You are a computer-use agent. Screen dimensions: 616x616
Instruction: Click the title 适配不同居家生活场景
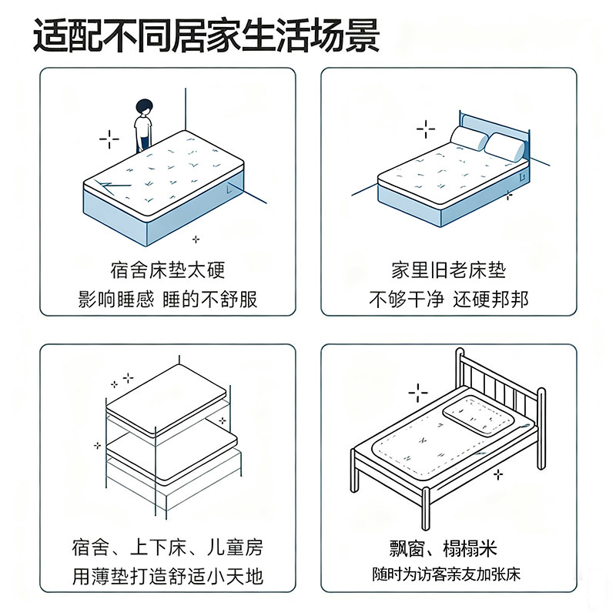click(206, 37)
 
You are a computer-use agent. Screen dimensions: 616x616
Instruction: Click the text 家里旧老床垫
click(448, 270)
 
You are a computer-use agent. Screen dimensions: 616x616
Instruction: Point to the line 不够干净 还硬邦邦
click(448, 299)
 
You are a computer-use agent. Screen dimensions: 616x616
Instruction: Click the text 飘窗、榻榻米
click(448, 548)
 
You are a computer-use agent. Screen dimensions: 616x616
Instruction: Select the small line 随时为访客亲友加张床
click(448, 574)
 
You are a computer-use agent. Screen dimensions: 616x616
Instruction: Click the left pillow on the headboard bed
click(469, 138)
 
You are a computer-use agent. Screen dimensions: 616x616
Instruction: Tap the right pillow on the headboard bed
click(504, 146)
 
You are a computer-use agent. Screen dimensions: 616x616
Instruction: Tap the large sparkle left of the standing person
click(109, 139)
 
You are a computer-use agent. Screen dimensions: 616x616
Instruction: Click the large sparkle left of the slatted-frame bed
click(418, 393)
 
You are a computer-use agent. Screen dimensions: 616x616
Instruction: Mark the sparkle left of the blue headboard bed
click(426, 128)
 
